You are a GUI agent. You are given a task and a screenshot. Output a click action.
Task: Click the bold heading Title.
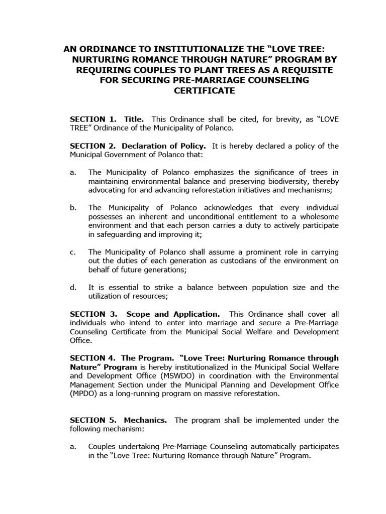click(x=133, y=119)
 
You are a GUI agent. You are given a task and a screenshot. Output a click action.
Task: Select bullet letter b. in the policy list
click(x=73, y=207)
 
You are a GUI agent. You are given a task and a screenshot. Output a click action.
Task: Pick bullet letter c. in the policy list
click(x=73, y=251)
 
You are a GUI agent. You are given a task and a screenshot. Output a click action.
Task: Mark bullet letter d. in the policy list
click(x=73, y=287)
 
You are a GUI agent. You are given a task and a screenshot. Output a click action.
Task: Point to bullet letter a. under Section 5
click(x=73, y=447)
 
